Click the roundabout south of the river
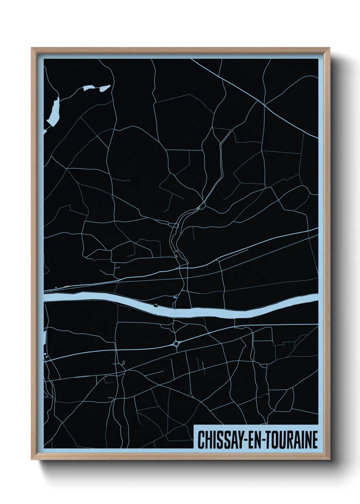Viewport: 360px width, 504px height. [x=176, y=344]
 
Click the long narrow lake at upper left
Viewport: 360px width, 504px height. [x=54, y=111]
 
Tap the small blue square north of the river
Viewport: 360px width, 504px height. [x=175, y=297]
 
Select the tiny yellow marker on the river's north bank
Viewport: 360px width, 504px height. [x=156, y=304]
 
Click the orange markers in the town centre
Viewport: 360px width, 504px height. [x=176, y=255]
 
